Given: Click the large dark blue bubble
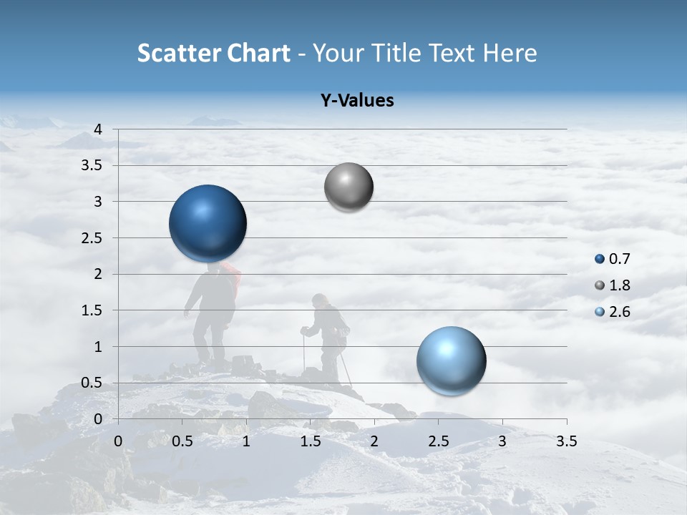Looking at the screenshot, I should pos(208,223).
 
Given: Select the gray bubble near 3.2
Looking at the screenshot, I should pos(349,187).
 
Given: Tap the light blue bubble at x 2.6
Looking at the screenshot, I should pos(451,360).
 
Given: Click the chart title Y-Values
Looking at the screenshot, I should pos(357,101).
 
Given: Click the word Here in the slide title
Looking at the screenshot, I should pos(510,53).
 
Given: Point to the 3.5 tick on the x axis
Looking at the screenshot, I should pos(567,441).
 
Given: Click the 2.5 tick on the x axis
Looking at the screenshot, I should pos(438,441).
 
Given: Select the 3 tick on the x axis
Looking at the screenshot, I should pos(502,441).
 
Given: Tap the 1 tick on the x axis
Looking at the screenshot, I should pos(246,441).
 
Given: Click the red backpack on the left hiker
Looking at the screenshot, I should pos(231,275).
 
